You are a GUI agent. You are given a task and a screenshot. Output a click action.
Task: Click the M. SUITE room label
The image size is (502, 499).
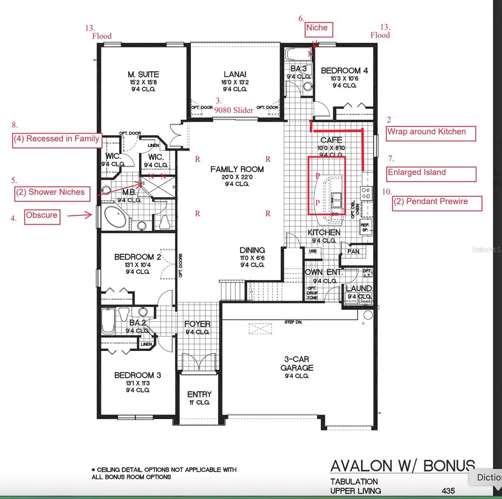[x=143, y=74]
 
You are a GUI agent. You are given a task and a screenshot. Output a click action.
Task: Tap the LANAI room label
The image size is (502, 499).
[x=235, y=74]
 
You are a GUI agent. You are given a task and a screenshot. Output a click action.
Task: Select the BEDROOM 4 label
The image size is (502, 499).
[x=344, y=71]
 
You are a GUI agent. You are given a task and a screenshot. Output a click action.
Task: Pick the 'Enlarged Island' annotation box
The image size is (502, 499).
[x=431, y=173]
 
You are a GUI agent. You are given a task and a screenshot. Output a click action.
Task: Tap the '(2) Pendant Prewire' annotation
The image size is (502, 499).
[x=437, y=203]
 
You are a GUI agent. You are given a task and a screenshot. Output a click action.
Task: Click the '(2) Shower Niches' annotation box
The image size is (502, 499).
[x=52, y=193]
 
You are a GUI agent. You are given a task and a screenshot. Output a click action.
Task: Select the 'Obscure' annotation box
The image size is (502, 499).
[x=42, y=216]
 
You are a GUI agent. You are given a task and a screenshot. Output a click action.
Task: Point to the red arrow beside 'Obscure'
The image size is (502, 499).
[x=79, y=215]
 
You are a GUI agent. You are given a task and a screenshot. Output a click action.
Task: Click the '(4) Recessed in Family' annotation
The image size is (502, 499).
[x=57, y=139]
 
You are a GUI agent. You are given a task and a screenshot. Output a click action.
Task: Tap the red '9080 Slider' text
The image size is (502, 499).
[x=234, y=110]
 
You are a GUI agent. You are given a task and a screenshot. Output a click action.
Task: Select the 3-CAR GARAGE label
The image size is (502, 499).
[x=297, y=363]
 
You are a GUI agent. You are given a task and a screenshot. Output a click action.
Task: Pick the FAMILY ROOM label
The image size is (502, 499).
[x=237, y=169]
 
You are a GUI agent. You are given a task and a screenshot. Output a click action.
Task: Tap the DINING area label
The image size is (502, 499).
[x=252, y=250]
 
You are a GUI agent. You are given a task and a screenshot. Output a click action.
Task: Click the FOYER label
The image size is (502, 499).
[x=197, y=324]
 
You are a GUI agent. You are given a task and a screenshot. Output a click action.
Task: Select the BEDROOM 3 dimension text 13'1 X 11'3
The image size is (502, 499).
[x=138, y=383]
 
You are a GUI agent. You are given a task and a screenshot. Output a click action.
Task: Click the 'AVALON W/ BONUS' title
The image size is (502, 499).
[x=402, y=466]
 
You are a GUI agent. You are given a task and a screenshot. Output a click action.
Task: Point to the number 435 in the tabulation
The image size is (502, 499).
[x=448, y=491]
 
